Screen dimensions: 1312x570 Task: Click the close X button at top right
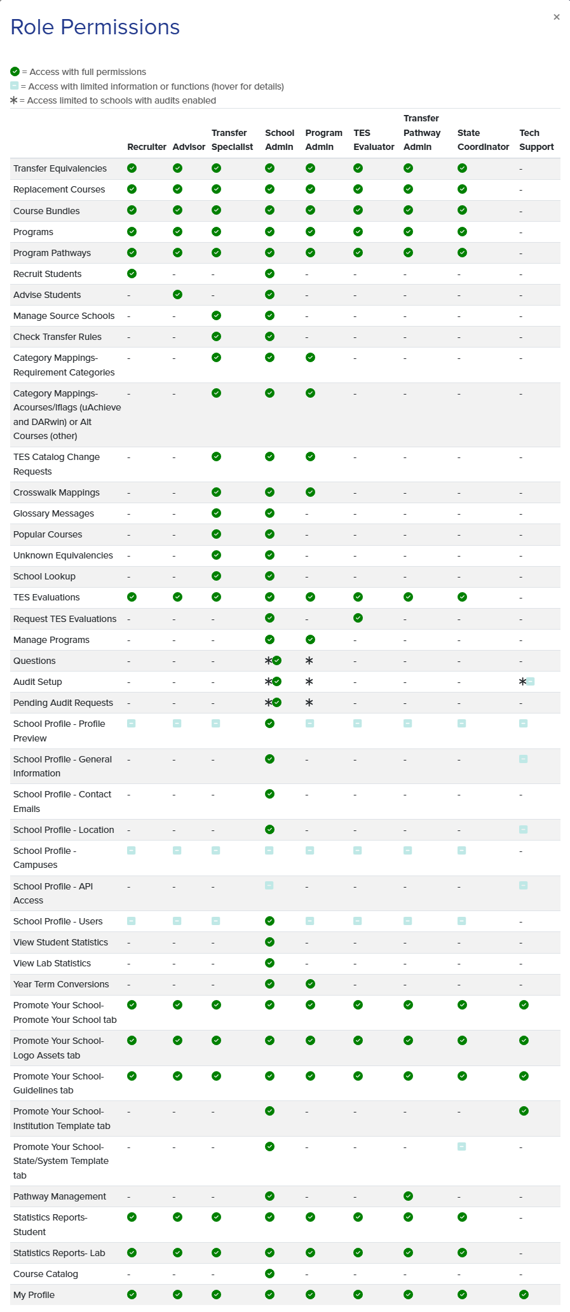pyautogui.click(x=557, y=17)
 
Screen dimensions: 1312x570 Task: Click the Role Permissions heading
pyautogui.click(x=95, y=27)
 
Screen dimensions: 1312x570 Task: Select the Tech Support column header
pyautogui.click(x=536, y=140)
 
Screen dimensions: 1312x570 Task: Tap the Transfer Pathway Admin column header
pyautogui.click(x=422, y=133)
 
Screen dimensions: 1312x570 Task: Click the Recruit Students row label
pyautogui.click(x=48, y=274)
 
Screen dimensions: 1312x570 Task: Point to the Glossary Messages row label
pyautogui.click(x=53, y=513)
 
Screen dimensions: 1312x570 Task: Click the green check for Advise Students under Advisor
pyautogui.click(x=178, y=294)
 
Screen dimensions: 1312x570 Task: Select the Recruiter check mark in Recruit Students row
pyautogui.click(x=132, y=273)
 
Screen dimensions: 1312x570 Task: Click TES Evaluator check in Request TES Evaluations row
pyautogui.click(x=358, y=618)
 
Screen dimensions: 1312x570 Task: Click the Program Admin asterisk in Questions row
pyautogui.click(x=309, y=661)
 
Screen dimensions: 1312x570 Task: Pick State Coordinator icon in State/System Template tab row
pyautogui.click(x=462, y=1146)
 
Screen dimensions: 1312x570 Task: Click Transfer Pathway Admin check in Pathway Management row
pyautogui.click(x=408, y=1196)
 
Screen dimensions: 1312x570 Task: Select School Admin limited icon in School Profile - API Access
pyautogui.click(x=269, y=885)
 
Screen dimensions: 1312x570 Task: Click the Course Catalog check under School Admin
pyautogui.click(x=270, y=1273)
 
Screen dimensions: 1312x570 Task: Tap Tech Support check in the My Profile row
pyautogui.click(x=524, y=1294)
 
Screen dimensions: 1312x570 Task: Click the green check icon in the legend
pyautogui.click(x=15, y=72)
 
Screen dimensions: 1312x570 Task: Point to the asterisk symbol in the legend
pyautogui.click(x=14, y=100)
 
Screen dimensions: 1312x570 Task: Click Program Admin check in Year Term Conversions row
pyautogui.click(x=310, y=984)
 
